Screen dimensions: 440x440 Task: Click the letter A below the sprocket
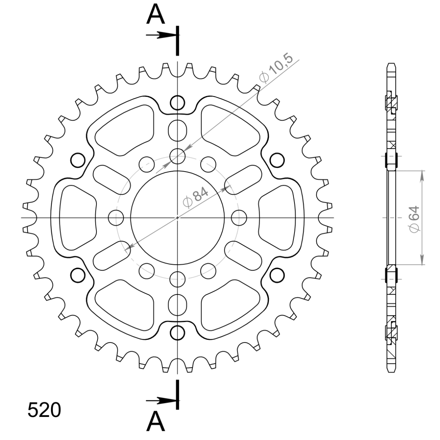coord(155,422)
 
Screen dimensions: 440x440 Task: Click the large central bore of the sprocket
coord(177,217)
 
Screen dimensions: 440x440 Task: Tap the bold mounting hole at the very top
coord(177,103)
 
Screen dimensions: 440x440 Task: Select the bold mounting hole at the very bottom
coord(177,332)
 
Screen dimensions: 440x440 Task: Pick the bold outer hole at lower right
coord(277,275)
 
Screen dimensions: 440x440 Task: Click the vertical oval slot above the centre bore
coord(177,130)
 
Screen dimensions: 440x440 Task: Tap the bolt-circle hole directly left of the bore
coord(116,217)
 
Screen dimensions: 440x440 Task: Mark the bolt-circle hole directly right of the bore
coord(239,217)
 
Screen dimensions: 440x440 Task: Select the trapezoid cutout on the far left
coord(77,217)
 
